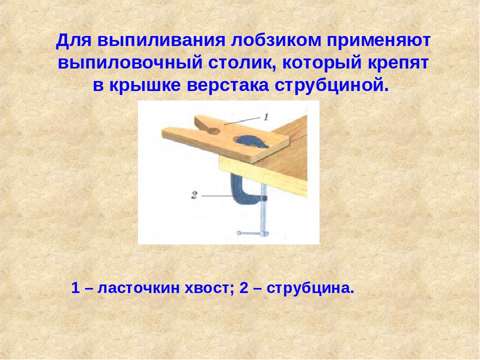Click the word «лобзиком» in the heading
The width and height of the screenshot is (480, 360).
coord(276,40)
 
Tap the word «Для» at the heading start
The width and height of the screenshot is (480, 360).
coord(74,40)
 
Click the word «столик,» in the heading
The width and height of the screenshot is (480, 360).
coord(243,63)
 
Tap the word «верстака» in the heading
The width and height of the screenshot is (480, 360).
coord(228,86)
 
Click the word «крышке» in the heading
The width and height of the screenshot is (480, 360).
coord(145,85)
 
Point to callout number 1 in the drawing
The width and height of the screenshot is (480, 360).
coord(265,117)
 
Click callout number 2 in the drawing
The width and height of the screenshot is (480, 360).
coord(194,195)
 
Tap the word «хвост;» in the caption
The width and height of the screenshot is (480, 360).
coord(209,288)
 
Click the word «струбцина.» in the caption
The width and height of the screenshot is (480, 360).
coord(310,288)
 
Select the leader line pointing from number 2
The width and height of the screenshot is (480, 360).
coord(216,196)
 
